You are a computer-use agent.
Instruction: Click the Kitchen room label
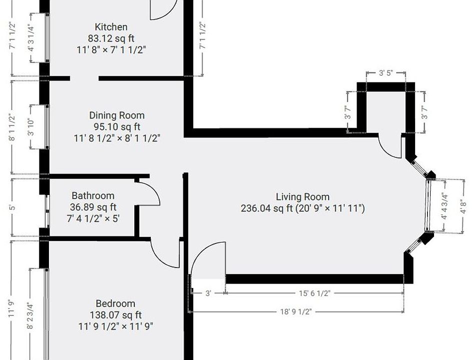[x=111, y=27]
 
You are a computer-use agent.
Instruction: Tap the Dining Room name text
[x=117, y=115]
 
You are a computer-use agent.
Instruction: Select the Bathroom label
[x=93, y=195]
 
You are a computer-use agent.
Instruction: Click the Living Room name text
[x=303, y=197]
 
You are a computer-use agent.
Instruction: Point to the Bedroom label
[x=115, y=303]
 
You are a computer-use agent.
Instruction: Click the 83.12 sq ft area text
[x=111, y=38]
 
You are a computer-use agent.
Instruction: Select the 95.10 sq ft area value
[x=117, y=127]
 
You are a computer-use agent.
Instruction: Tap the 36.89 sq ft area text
[x=93, y=207]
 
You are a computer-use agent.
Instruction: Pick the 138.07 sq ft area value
[x=115, y=315]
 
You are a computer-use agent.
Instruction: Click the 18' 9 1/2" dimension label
[x=296, y=312]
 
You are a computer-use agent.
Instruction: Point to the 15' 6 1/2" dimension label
[x=315, y=293]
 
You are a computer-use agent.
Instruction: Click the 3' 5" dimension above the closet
[x=386, y=73]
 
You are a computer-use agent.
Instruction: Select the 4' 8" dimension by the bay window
[x=464, y=206]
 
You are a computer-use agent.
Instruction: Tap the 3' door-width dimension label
[x=208, y=293]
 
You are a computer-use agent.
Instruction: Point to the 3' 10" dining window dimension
[x=31, y=127]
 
